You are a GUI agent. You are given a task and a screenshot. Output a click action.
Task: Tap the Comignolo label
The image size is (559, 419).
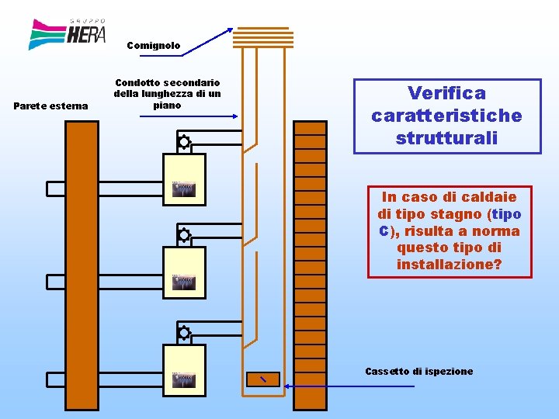point(154,46)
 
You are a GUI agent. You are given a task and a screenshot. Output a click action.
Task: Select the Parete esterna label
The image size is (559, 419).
point(51,106)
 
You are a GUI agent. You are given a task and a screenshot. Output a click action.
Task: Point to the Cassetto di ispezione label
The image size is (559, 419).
point(418,371)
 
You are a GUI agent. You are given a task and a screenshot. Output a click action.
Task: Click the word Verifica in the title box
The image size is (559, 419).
point(447,93)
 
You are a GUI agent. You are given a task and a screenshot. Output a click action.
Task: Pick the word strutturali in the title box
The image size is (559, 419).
point(446,138)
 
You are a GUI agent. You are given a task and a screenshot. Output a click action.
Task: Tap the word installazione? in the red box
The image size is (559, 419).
point(450,265)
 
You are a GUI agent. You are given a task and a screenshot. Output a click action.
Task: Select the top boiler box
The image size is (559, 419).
point(184,179)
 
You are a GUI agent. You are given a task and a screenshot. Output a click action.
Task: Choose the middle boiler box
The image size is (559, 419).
point(184,272)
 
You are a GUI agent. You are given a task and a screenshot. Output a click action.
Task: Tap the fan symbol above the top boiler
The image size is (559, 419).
point(184,142)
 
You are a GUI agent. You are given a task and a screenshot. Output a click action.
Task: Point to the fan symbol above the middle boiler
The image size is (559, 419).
point(184,235)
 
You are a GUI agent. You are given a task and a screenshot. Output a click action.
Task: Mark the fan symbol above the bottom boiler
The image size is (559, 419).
point(184,333)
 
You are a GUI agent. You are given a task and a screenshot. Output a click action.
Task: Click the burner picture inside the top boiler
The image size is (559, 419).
point(184,189)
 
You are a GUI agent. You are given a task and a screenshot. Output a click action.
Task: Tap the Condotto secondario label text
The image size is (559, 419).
point(167,93)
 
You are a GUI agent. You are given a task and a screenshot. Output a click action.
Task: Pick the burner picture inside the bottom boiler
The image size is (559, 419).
point(184,380)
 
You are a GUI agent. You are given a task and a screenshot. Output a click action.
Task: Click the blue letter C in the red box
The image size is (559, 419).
point(384,231)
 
